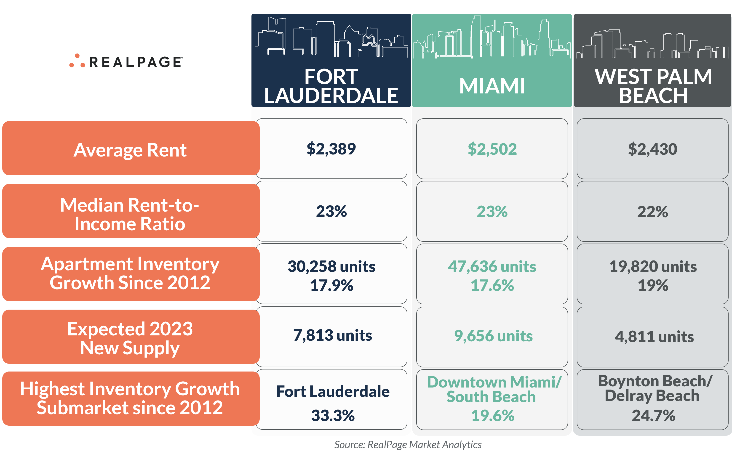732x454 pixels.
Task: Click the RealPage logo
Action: [126, 61]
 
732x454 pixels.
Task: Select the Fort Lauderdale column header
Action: [331, 86]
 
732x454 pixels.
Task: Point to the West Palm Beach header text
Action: [653, 86]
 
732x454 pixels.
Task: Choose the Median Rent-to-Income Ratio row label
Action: [130, 214]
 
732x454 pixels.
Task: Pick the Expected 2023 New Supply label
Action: [130, 338]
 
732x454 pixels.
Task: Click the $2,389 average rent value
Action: [331, 149]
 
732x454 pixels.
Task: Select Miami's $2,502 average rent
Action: [492, 149]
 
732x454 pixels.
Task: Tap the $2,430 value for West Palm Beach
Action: [652, 149]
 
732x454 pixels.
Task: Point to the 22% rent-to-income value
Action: [652, 212]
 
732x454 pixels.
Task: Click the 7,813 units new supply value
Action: [332, 335]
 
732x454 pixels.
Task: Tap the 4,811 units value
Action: [654, 336]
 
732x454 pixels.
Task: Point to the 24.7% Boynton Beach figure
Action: [653, 416]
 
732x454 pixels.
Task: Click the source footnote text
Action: [408, 444]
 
